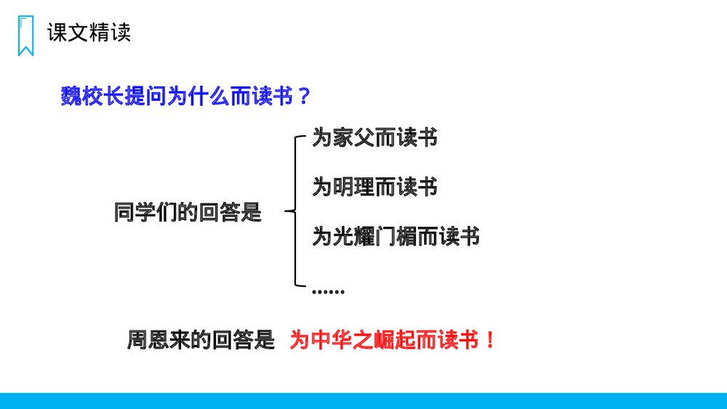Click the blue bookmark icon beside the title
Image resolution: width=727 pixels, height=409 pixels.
click(25, 35)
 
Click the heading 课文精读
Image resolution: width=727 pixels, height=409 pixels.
click(89, 33)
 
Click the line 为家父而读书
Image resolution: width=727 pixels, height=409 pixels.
click(374, 138)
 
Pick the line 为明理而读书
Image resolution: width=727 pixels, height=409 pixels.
click(374, 187)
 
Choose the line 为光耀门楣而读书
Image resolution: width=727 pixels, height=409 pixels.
click(395, 236)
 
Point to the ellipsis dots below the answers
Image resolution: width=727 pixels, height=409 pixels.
click(328, 291)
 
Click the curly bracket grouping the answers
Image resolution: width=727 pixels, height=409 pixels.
click(294, 211)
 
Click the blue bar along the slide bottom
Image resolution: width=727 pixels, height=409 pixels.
click(363, 401)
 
